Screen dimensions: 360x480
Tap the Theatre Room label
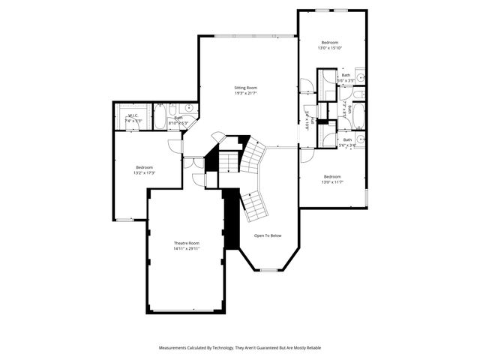(x=187, y=243)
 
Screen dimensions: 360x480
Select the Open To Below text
(x=268, y=235)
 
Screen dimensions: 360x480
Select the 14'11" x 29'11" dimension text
(x=187, y=249)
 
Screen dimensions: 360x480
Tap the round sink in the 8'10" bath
(x=189, y=109)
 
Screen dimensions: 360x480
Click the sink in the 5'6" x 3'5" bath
(x=360, y=77)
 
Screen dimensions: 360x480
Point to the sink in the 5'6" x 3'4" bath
(x=360, y=139)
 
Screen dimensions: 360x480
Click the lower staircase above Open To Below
(x=256, y=204)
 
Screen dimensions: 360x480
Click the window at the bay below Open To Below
(x=268, y=269)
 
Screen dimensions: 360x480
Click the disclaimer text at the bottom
(x=240, y=348)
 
